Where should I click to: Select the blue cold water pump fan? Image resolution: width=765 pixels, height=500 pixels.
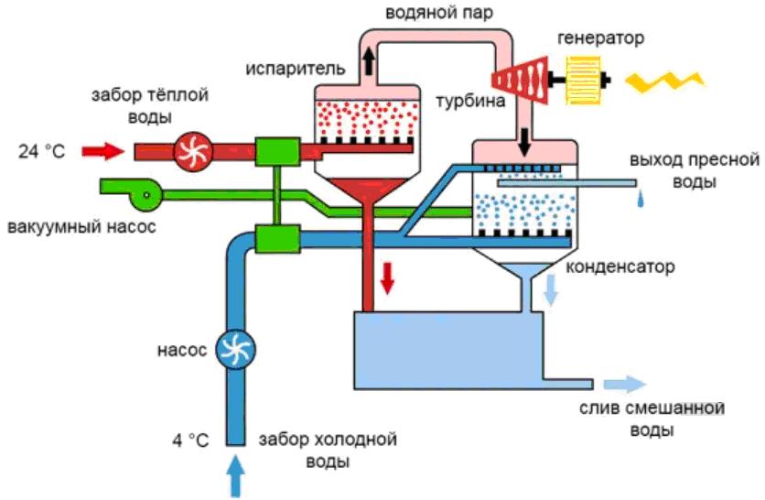(235, 348)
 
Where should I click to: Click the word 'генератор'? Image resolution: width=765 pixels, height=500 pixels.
(600, 38)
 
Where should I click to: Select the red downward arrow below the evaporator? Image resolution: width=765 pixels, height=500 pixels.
(388, 277)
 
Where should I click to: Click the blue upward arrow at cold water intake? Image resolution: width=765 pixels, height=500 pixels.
(235, 476)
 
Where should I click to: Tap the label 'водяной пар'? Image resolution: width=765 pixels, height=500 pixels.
(430, 11)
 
